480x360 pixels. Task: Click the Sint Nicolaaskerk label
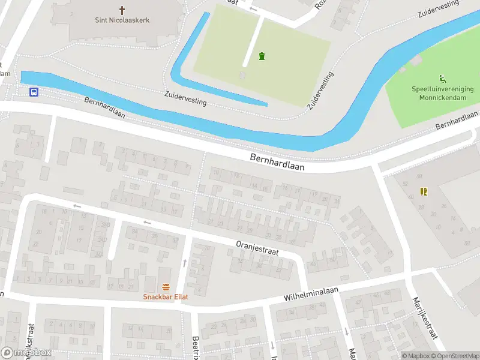(122, 20)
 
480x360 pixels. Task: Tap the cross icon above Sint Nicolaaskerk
(122, 10)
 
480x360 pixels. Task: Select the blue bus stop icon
(34, 92)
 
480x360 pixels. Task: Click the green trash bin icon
(262, 56)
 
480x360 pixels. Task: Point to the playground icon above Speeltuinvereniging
(443, 79)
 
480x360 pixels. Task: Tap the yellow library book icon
(424, 191)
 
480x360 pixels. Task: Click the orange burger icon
(166, 287)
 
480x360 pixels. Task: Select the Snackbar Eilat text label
(166, 296)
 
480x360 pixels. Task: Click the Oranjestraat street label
(257, 247)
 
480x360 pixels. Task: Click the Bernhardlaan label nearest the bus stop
(104, 107)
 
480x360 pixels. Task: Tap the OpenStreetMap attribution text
(454, 356)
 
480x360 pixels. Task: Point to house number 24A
(98, 254)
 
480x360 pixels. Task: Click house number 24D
(106, 224)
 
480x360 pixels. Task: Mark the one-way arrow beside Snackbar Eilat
(184, 263)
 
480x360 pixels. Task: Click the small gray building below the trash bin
(243, 75)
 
